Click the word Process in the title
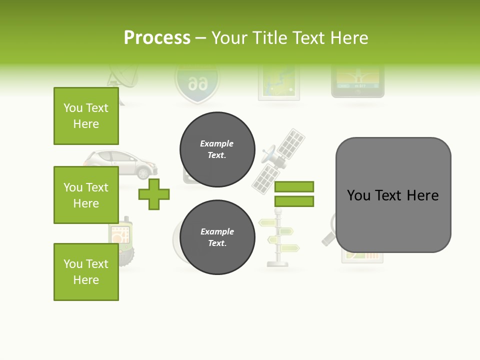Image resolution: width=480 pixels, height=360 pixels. coord(157,38)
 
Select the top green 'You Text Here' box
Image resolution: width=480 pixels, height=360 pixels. coord(86,116)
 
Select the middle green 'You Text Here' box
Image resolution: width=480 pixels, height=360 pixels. coord(86,195)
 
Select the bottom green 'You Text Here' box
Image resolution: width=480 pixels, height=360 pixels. coord(86,271)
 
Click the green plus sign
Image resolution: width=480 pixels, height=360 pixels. coord(154,194)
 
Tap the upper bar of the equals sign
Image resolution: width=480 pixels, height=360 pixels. coord(294,186)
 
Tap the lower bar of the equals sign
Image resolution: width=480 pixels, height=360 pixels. coord(294,201)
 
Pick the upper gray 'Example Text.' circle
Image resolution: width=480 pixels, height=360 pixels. coord(217,149)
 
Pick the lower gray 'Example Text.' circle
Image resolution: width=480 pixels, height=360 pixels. coord(217,237)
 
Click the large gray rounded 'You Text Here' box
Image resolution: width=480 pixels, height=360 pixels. coord(393,195)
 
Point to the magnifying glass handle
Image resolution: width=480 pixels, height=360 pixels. coord(328,239)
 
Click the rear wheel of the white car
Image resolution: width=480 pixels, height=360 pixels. coord(143,172)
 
